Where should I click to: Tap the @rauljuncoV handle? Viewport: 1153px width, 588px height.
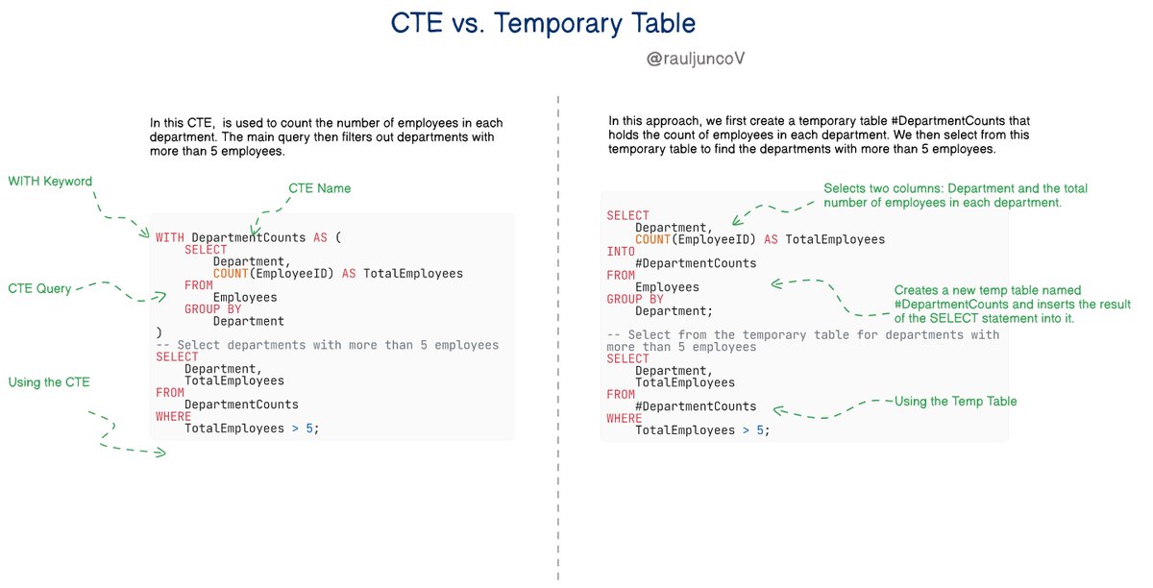[697, 60]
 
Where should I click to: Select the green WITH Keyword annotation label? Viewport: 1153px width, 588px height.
[51, 182]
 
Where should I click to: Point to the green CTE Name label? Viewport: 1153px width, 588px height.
[319, 188]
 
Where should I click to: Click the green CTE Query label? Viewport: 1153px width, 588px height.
[39, 288]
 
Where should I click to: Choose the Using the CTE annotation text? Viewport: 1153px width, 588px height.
[49, 382]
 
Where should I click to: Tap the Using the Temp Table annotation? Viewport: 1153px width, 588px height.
[955, 401]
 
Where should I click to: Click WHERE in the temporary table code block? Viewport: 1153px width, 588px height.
[625, 419]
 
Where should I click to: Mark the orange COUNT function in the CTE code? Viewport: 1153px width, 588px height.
[234, 274]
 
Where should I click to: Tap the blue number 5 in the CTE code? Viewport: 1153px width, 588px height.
[309, 429]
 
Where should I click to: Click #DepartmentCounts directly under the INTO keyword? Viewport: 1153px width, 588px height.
[696, 263]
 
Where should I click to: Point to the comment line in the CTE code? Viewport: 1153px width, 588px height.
[327, 345]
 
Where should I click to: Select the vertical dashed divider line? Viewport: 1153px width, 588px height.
[558, 336]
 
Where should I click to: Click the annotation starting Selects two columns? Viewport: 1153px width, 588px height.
[955, 195]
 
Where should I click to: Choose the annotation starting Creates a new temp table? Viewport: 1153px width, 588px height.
[1012, 304]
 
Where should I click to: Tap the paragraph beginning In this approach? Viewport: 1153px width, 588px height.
[819, 135]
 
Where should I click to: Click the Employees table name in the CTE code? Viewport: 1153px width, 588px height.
[245, 298]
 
